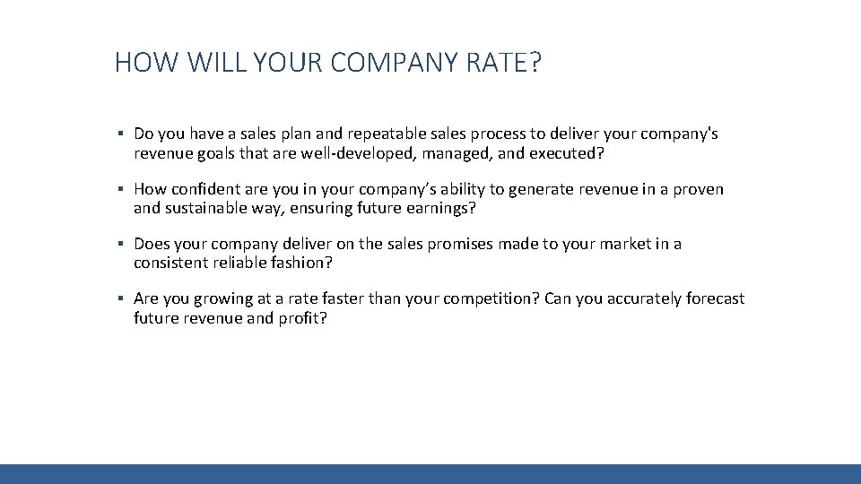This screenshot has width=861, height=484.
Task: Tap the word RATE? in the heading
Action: coord(503,64)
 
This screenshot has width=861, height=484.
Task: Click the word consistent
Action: coord(170,264)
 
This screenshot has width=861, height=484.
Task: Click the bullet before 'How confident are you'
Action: coord(119,190)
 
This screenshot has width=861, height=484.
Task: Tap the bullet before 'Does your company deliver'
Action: coord(119,245)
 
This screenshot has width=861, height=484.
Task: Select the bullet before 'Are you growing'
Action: coord(119,299)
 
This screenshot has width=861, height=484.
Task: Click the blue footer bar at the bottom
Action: coord(430,474)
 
